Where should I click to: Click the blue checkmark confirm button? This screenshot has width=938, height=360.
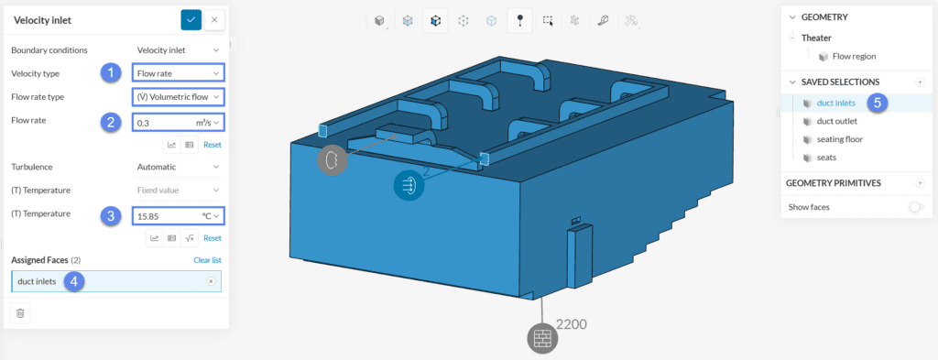point(191,20)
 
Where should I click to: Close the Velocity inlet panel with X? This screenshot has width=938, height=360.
point(214,20)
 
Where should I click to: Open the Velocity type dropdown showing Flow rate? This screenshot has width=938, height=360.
point(179,73)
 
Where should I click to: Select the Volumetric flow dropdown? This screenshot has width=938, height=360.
point(179,96)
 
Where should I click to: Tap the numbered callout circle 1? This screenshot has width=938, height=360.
point(110,73)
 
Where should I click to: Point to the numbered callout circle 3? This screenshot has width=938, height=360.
point(110,215)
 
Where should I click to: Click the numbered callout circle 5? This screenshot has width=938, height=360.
point(877,103)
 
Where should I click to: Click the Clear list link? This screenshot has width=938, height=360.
point(208,260)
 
